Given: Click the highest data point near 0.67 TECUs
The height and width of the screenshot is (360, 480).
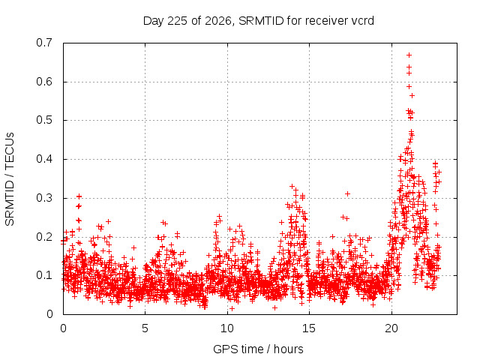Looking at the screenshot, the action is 409,55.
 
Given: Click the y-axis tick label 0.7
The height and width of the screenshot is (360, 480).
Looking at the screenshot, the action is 44,43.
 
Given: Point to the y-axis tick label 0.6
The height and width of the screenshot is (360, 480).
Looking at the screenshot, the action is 44,82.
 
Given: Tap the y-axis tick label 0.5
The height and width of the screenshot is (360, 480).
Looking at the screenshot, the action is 44,120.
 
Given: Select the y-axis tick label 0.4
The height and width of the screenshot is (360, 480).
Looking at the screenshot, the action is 44,159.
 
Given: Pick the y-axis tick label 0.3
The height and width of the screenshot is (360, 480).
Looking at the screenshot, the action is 44,198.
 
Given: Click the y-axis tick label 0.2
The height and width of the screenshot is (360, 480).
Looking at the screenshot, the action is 44,237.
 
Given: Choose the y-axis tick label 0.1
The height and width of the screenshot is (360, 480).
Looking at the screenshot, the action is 44,275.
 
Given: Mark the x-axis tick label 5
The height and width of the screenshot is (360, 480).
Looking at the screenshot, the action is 145,328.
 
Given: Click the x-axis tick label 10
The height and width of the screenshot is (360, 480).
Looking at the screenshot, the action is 227,328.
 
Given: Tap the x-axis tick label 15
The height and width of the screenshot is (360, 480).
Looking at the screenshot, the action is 309,328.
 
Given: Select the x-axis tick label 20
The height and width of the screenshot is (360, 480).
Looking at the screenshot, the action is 391,328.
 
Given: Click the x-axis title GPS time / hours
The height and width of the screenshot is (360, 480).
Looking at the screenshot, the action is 258,349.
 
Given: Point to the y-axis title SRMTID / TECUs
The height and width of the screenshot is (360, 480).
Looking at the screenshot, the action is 10,179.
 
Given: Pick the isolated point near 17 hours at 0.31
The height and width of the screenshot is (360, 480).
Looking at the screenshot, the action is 347,193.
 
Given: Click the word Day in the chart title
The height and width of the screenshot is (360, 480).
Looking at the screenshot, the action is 154,21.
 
